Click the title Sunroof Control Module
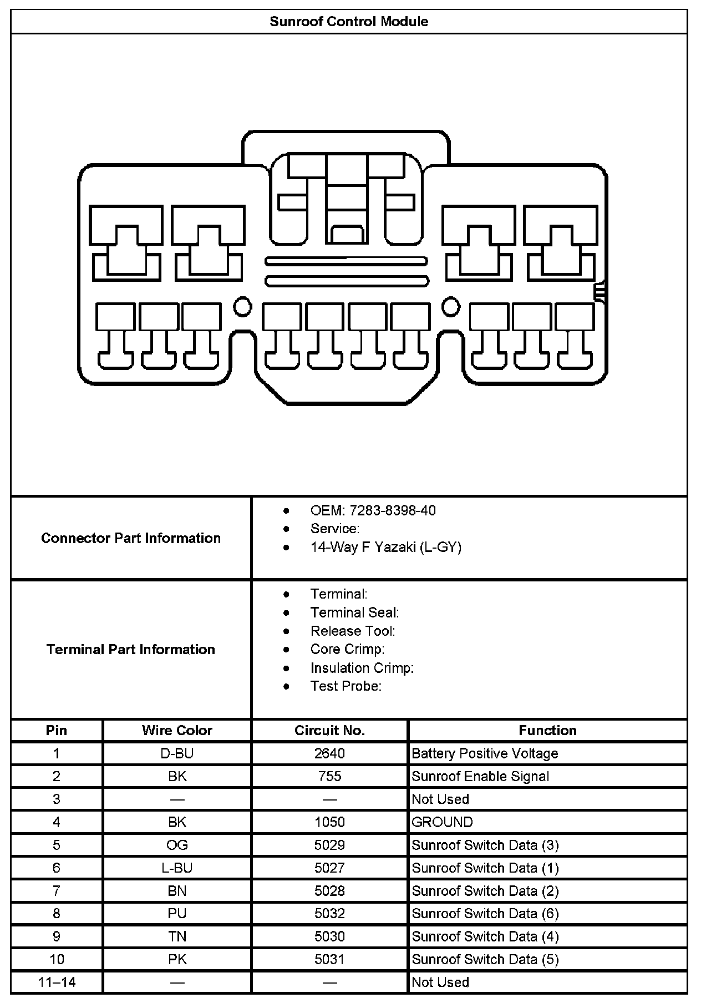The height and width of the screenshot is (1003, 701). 349,22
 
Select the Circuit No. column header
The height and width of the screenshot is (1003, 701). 329,730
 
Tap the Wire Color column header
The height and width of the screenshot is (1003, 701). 177,730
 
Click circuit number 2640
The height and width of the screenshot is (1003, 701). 329,753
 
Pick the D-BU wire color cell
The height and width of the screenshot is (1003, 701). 177,753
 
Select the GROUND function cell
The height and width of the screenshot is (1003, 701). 442,822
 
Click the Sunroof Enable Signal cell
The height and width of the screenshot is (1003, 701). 480,776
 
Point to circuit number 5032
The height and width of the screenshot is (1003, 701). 329,913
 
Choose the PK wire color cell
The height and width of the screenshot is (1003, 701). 177,959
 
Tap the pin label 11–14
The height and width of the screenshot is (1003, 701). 57,982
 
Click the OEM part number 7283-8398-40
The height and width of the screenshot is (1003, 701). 373,510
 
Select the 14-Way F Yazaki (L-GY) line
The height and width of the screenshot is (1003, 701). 385,547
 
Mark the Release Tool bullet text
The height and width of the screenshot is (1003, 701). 353,631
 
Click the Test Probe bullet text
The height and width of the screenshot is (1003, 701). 346,686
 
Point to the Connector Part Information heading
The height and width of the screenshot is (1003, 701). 131,538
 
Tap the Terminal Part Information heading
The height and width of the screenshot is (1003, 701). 131,649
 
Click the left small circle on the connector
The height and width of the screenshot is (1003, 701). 242,306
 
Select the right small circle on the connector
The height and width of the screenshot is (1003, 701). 450,306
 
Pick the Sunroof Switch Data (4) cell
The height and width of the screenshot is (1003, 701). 485,936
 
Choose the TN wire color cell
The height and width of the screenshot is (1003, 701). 177,936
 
